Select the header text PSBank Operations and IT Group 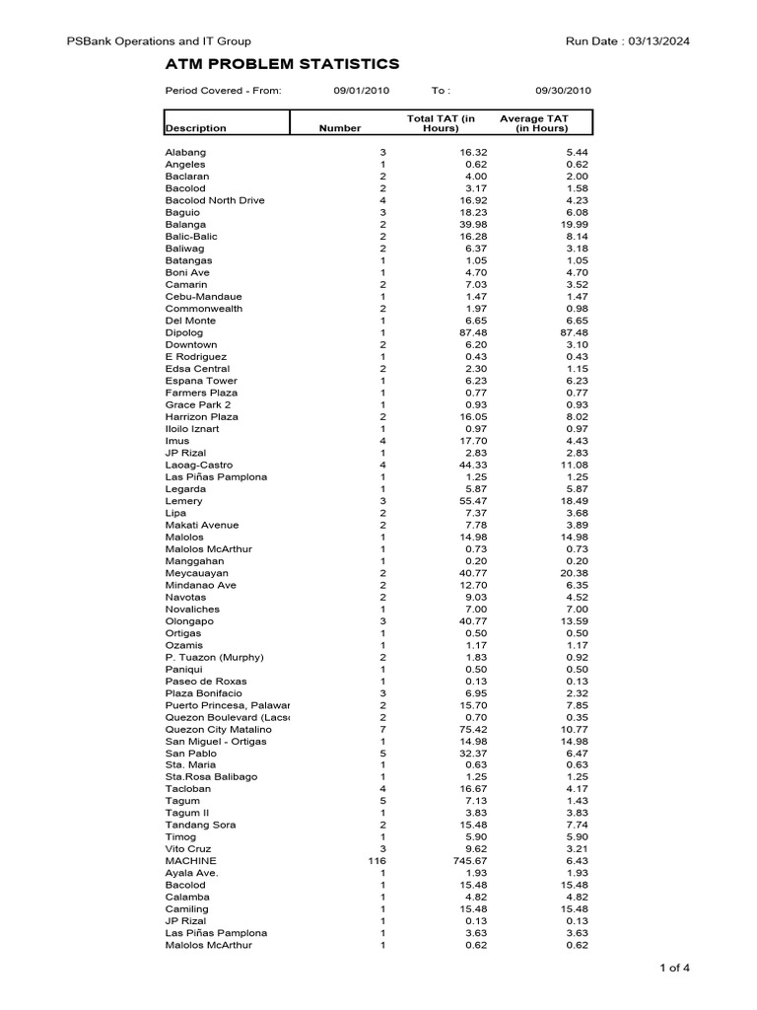click(158, 41)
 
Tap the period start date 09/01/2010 click(362, 91)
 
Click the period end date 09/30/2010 click(563, 91)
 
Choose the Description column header click(195, 128)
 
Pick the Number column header click(340, 128)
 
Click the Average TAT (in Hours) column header click(533, 123)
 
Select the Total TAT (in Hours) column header click(441, 123)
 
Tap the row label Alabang click(185, 153)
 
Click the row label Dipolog click(184, 332)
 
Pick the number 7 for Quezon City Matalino click(383, 729)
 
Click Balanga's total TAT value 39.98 click(458, 225)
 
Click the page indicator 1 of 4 click(674, 968)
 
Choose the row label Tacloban click(187, 789)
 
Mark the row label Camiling click(187, 909)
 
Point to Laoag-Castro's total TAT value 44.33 click(458, 465)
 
